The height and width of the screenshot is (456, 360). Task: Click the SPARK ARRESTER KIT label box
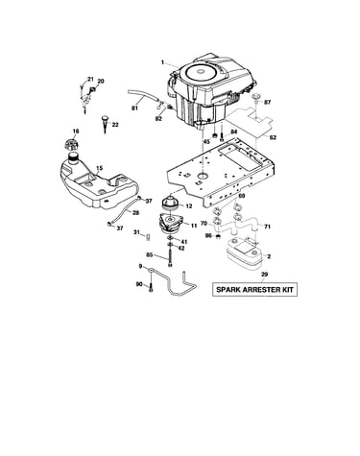(x=254, y=290)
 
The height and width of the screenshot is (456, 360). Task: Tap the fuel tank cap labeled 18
(x=71, y=145)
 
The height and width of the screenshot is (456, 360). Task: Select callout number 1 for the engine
(x=162, y=62)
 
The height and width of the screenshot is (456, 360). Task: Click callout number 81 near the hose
(x=134, y=108)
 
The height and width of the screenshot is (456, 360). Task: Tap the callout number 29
(x=265, y=275)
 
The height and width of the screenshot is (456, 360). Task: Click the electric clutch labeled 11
(x=171, y=224)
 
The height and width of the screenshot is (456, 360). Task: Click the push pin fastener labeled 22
(x=106, y=124)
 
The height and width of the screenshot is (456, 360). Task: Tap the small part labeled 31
(x=149, y=237)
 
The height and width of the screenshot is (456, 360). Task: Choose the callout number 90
(x=139, y=284)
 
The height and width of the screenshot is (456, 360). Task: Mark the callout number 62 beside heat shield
(x=273, y=138)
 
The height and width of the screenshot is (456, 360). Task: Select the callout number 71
(x=268, y=227)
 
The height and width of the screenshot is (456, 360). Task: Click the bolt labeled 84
(x=221, y=135)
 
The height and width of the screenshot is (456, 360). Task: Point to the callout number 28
(x=135, y=212)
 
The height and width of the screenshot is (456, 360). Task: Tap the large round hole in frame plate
(x=202, y=176)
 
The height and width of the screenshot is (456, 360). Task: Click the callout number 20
(x=101, y=82)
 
